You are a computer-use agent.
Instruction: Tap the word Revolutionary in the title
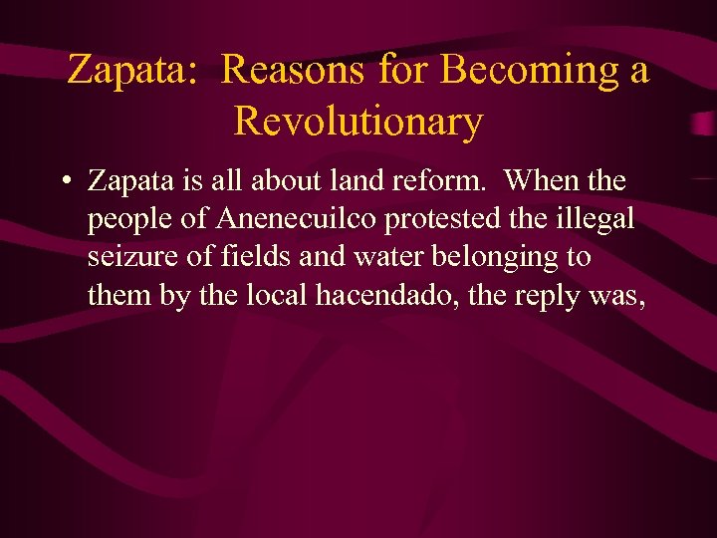click(x=358, y=122)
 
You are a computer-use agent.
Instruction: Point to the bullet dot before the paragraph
click(x=64, y=182)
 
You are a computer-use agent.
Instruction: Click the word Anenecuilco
click(x=277, y=219)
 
